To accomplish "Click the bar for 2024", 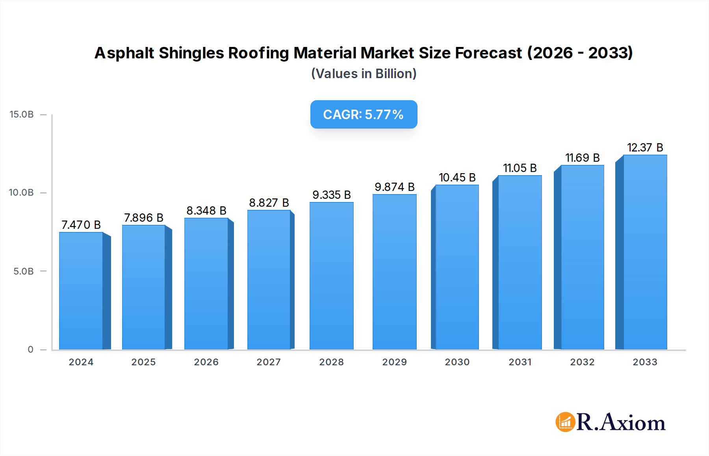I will (81, 291).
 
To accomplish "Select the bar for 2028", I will (331, 276).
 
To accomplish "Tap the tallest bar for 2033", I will (645, 252).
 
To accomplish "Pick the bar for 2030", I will (457, 267).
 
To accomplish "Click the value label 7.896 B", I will (143, 218).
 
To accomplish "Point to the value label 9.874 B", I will (394, 187).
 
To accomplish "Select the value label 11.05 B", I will (520, 168).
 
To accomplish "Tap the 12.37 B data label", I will (645, 148).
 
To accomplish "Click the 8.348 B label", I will (206, 211).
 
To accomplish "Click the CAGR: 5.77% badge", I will (364, 114).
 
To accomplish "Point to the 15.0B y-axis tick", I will (22, 114).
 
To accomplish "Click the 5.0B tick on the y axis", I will (23, 271).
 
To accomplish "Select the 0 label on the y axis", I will (30, 349).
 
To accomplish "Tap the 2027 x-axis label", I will (269, 362).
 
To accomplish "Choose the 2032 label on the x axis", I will (582, 362).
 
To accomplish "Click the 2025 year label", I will (143, 362).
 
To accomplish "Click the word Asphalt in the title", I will (124, 53).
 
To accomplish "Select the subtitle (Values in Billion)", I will (364, 74).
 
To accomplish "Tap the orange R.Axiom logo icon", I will (565, 422).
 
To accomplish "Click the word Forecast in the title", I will (488, 53).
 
